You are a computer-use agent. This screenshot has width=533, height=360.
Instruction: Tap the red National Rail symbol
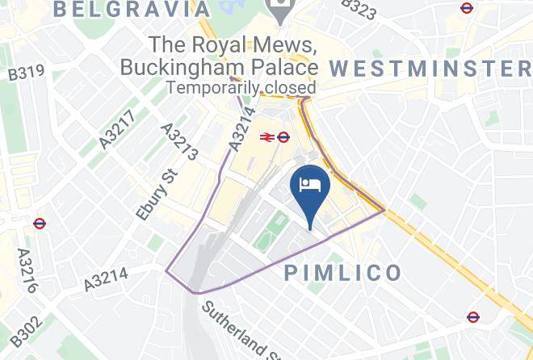tap(266, 137)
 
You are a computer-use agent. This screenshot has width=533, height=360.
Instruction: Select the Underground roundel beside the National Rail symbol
tap(283, 137)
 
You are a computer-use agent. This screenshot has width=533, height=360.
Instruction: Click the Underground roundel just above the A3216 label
tap(40, 224)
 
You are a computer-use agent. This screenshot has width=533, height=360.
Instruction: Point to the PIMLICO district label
tap(343, 273)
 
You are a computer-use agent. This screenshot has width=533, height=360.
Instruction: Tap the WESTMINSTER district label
tap(431, 68)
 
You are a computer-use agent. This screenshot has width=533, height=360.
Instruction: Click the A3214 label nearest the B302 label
tap(105, 280)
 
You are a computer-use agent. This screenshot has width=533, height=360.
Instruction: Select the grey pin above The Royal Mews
tap(282, 11)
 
